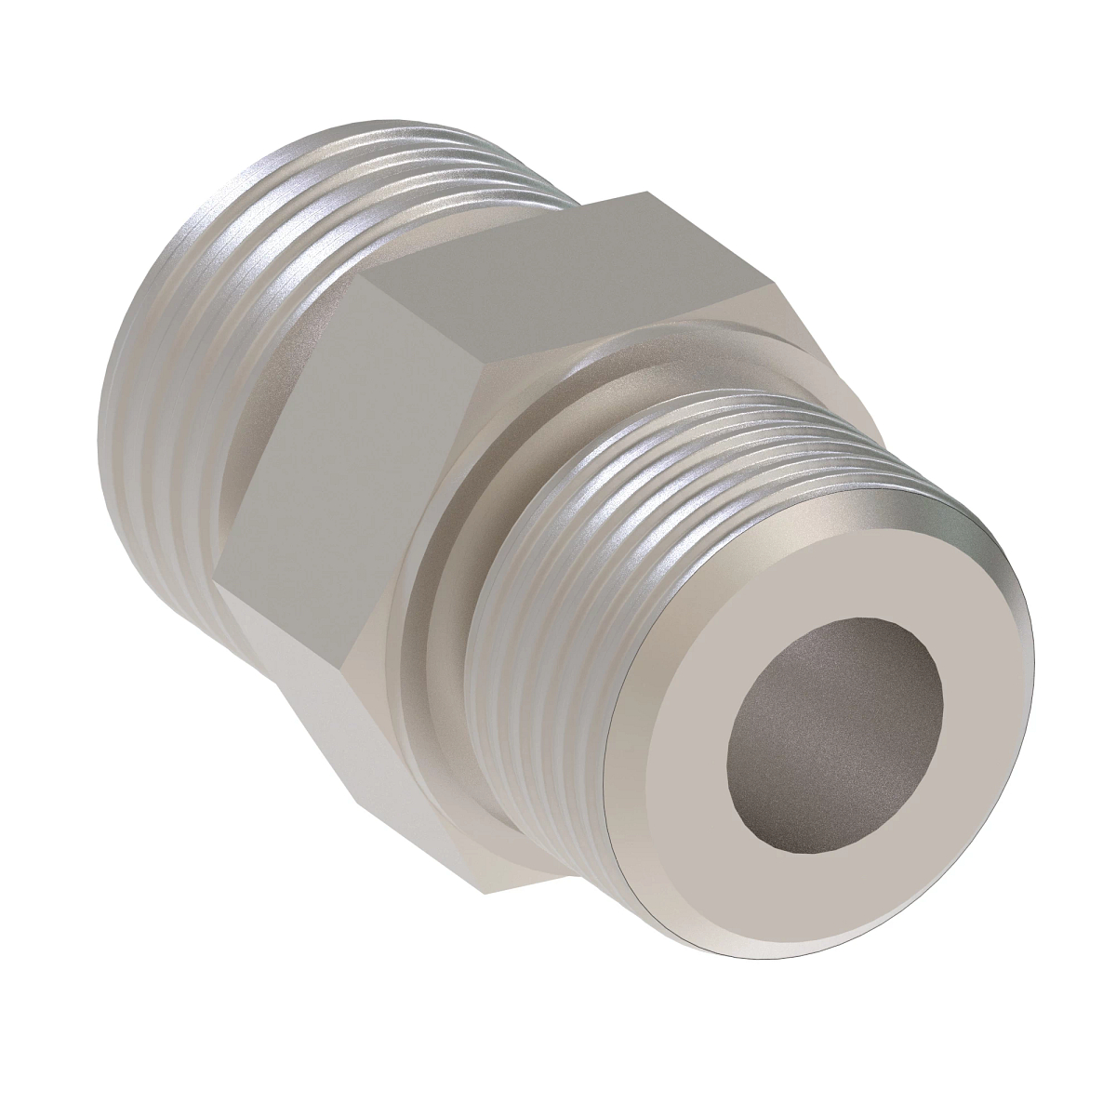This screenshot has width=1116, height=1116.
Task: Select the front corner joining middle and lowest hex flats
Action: click(x=345, y=666)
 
